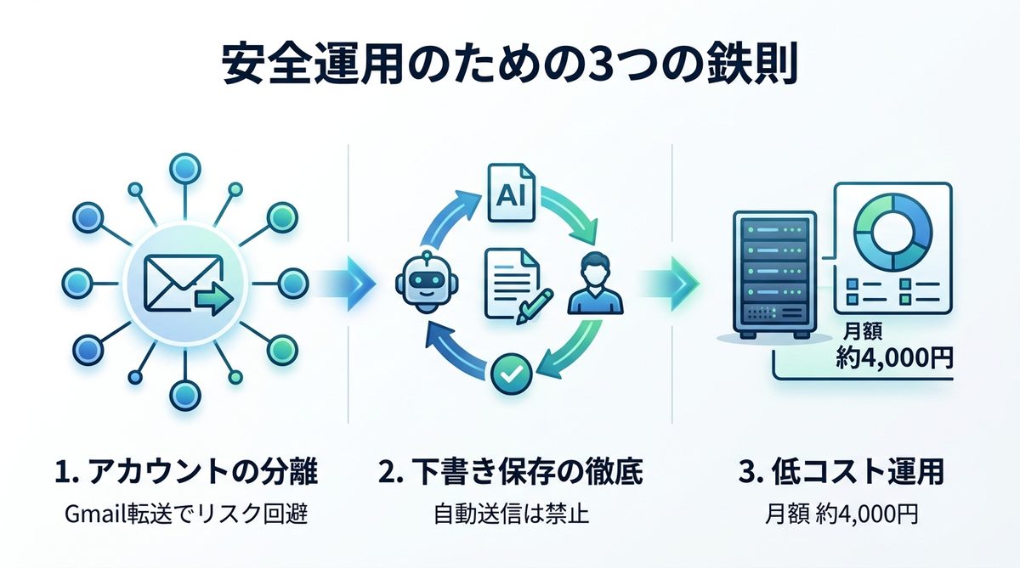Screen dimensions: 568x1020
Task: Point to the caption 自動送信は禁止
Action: click(x=511, y=515)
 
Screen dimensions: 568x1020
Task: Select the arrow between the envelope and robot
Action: click(x=348, y=282)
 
